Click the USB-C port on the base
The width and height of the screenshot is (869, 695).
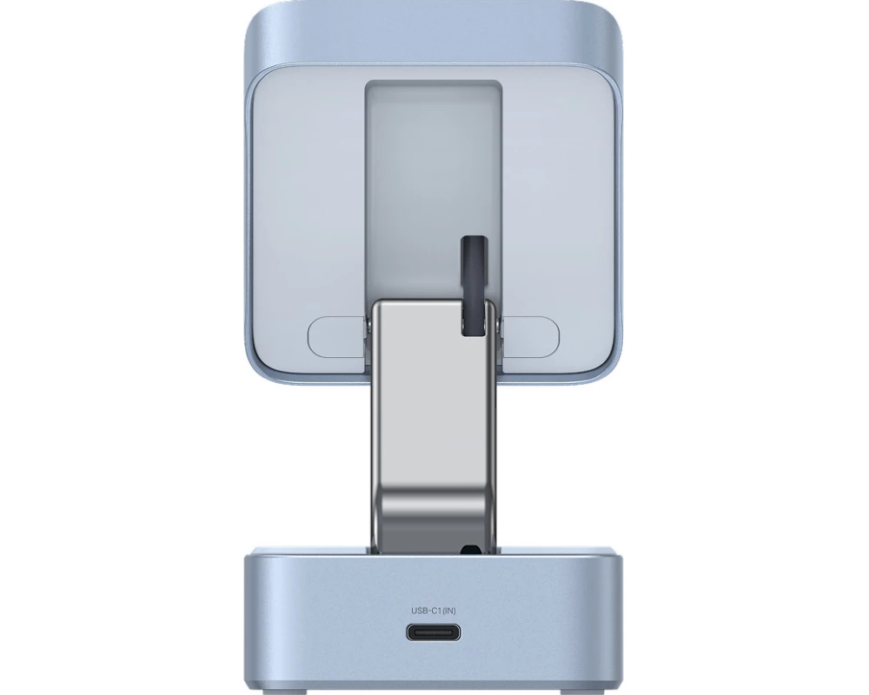coord(434,632)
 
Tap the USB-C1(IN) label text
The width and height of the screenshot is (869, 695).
coord(434,611)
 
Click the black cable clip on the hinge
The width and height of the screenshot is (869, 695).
coord(474,286)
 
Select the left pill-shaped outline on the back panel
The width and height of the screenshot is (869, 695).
coord(338,336)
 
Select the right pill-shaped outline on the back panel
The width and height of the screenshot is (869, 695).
coord(530,336)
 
